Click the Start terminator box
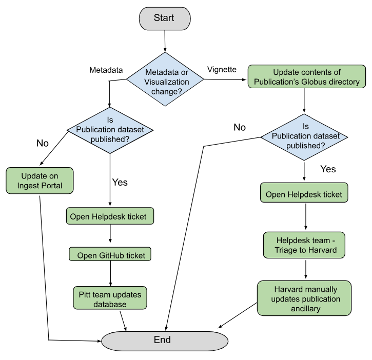[x=164, y=18]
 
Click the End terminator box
[x=164, y=340]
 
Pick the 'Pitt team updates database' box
[x=110, y=298]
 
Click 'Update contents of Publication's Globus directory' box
[x=306, y=77]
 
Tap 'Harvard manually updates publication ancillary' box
[x=304, y=298]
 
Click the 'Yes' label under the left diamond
[x=120, y=182]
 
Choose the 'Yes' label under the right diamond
[x=328, y=169]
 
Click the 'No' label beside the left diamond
[x=43, y=143]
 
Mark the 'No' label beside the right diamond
[x=240, y=127]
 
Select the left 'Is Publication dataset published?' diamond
[x=110, y=130]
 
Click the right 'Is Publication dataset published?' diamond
[x=304, y=137]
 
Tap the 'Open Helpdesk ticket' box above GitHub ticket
[x=110, y=216]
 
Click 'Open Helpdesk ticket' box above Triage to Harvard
[x=304, y=194]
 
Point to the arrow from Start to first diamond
[x=165, y=41]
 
